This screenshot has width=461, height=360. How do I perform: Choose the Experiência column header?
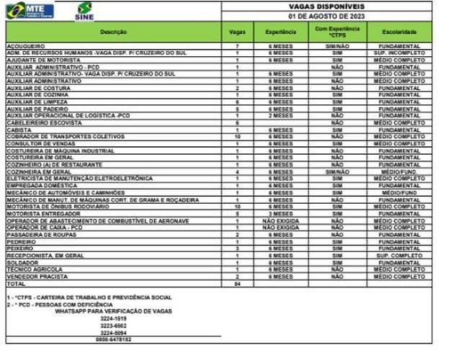(281, 32)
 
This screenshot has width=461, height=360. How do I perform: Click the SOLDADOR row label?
(21, 264)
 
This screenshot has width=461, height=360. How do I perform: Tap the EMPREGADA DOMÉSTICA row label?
(37, 186)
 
